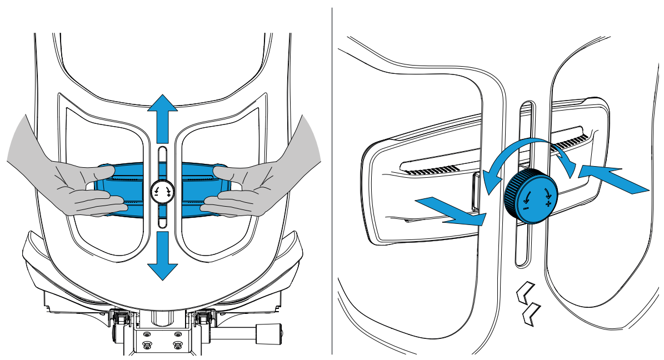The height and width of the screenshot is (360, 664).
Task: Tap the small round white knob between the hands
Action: point(162,192)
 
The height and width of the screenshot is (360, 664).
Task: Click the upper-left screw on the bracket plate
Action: point(147,334)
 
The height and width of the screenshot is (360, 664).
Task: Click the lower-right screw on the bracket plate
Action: point(178,345)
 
